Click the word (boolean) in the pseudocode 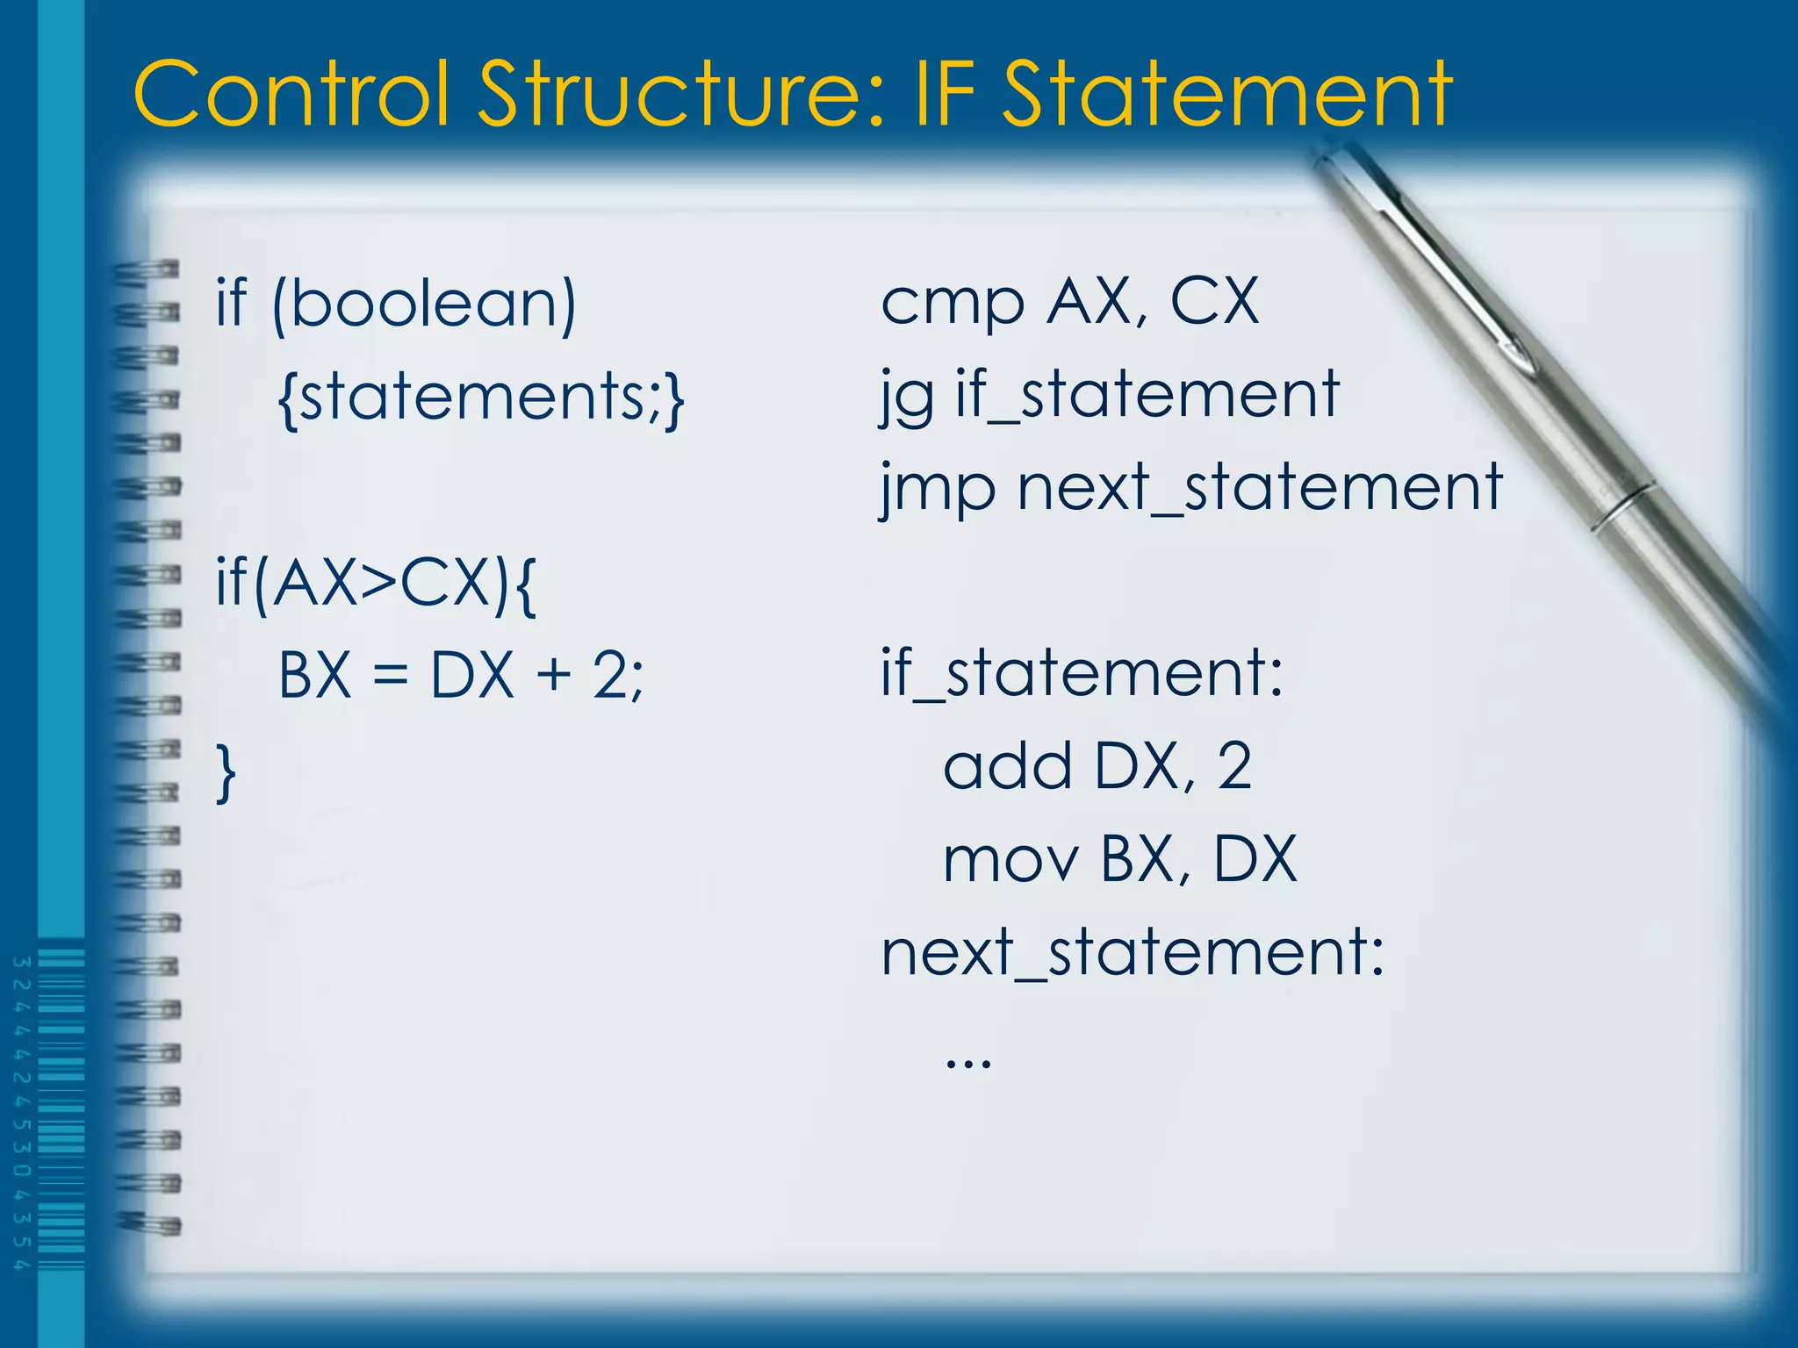pos(424,305)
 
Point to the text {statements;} pos(480,398)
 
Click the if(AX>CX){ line pos(376,583)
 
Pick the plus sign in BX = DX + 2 pos(553,677)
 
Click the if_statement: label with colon pos(1082,674)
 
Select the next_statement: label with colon pos(1133,953)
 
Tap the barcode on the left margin pos(60,1110)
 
